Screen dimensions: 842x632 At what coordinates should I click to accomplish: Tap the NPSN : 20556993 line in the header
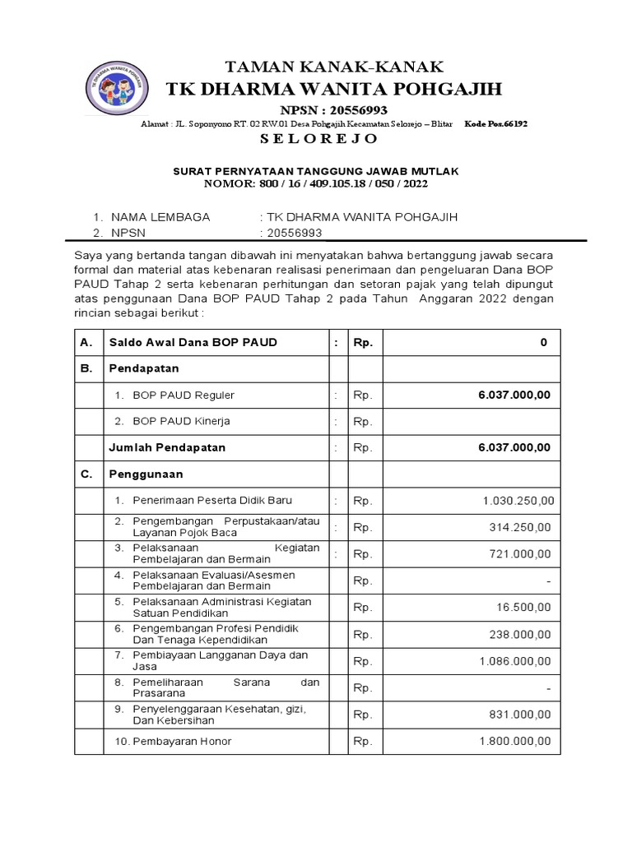(334, 110)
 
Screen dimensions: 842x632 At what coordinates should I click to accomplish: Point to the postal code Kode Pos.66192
(496, 123)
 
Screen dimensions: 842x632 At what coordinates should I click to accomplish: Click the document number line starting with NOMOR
(316, 183)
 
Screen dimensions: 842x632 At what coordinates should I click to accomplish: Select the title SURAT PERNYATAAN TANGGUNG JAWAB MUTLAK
(315, 171)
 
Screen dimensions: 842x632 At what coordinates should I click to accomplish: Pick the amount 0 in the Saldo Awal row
(543, 342)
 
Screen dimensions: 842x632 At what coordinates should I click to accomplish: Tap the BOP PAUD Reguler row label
(184, 396)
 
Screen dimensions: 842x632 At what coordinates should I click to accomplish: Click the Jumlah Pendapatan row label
(167, 448)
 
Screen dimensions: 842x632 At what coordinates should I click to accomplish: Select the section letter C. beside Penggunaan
(86, 474)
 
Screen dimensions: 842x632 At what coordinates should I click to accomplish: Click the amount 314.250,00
(521, 527)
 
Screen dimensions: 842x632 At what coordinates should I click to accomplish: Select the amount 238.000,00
(521, 635)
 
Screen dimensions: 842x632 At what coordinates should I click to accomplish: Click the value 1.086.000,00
(516, 661)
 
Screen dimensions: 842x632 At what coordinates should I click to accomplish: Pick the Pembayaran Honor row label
(182, 741)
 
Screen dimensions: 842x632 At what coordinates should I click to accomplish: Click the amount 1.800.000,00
(516, 741)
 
